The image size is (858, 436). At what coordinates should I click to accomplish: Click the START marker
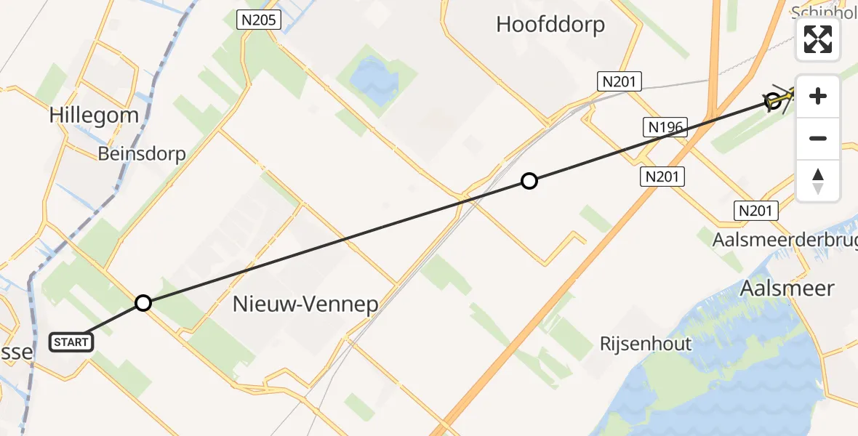[x=71, y=342]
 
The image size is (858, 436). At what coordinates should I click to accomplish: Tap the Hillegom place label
[x=94, y=115]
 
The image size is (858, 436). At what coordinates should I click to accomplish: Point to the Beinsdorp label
[x=143, y=154]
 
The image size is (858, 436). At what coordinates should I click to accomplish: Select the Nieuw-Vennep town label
[x=305, y=304]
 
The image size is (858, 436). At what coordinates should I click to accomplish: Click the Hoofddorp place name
[x=550, y=25]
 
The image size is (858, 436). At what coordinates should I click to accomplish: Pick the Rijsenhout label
[x=646, y=343]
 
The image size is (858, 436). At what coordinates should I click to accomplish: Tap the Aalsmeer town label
[x=786, y=288]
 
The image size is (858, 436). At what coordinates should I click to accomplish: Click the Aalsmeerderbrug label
[x=785, y=240]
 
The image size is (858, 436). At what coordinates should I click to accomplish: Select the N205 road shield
[x=260, y=20]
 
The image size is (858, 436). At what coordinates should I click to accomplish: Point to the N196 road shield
[x=665, y=128]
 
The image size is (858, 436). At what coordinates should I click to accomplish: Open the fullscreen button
[x=818, y=39]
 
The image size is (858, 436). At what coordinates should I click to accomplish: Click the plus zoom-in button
[x=818, y=96]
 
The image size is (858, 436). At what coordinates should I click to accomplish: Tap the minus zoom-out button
[x=818, y=138]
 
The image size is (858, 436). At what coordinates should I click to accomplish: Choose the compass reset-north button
[x=818, y=180]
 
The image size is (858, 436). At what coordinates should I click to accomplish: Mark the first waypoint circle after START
[x=143, y=303]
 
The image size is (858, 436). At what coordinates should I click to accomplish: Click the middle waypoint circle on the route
[x=529, y=181]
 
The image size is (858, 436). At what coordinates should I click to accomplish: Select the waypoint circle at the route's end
[x=774, y=102]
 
